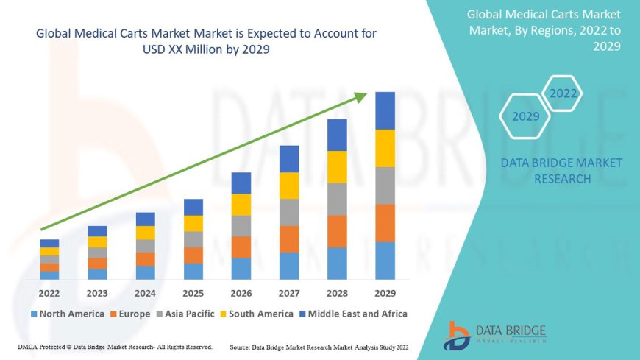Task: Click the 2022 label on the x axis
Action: (49, 292)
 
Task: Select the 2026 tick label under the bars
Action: (241, 292)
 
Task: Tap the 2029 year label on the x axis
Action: (385, 292)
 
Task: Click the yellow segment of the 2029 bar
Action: (385, 148)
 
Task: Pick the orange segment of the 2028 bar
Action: (337, 231)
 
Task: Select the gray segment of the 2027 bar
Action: (289, 212)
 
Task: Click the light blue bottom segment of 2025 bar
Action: (193, 271)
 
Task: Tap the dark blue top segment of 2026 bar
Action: (241, 183)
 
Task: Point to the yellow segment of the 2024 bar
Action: (146, 233)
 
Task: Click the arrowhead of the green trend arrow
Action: (361, 96)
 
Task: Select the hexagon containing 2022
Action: (563, 93)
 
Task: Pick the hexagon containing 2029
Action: (525, 116)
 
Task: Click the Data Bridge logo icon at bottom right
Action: (457, 335)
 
